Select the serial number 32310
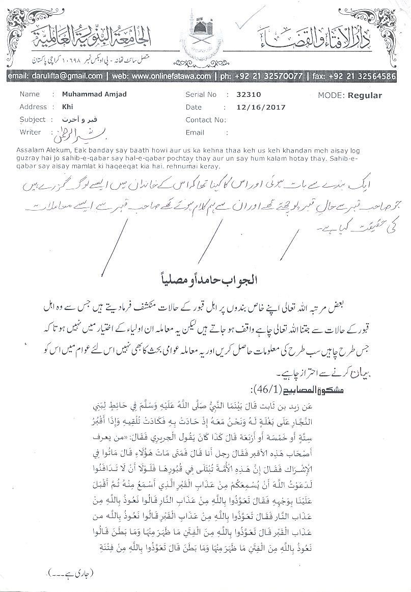coord(248,95)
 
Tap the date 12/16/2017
coord(261,107)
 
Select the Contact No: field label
coord(205,120)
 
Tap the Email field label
coord(195,133)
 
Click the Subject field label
coord(33,120)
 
